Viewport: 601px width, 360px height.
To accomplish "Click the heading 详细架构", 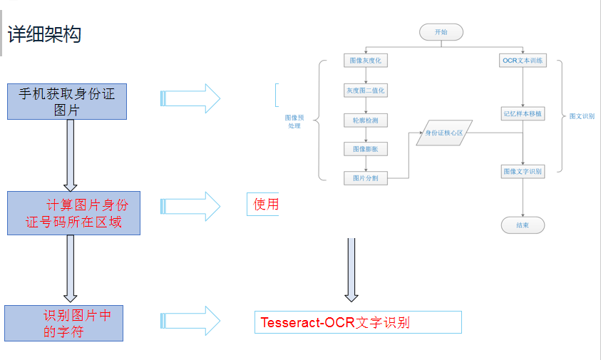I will tap(44, 34).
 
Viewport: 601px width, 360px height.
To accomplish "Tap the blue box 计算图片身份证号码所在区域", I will tap(73, 213).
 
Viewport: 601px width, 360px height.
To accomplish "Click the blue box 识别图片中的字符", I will tap(63, 323).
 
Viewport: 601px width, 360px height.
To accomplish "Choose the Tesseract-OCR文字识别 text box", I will tap(358, 322).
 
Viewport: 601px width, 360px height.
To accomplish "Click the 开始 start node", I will tap(441, 32).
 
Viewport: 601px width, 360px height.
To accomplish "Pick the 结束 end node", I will tap(523, 225).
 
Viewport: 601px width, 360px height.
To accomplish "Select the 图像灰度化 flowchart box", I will tap(365, 61).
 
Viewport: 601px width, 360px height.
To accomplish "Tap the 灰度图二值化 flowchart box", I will tap(365, 91).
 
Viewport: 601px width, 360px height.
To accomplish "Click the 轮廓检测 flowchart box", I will tap(365, 120).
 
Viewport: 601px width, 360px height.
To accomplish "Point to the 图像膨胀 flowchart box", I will tap(365, 149).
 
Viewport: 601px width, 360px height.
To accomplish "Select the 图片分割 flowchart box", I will tap(365, 178).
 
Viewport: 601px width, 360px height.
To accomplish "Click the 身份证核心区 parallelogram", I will tap(444, 133).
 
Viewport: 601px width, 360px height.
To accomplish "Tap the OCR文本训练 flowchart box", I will tap(523, 61).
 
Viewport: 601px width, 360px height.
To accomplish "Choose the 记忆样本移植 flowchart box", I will tap(523, 113).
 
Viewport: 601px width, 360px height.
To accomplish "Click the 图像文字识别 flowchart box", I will tap(523, 171).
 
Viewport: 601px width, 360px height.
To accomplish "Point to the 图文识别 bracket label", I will tap(582, 115).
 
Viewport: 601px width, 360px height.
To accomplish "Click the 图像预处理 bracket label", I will tap(294, 121).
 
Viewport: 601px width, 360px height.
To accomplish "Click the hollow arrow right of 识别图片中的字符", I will tap(192, 321).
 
